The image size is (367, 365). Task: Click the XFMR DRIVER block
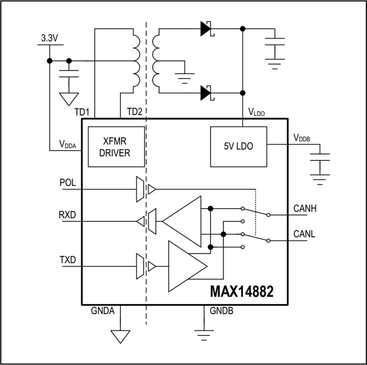click(116, 147)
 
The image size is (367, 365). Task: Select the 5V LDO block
click(238, 147)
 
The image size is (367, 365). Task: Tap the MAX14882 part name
click(242, 292)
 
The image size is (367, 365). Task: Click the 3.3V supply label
click(50, 38)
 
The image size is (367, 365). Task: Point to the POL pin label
click(68, 183)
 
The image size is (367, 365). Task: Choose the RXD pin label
click(68, 215)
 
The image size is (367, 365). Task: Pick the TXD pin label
click(68, 260)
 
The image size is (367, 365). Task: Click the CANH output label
click(305, 209)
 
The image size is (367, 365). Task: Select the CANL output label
click(304, 234)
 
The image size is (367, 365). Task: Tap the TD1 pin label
click(82, 112)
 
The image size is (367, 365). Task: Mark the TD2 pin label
click(134, 112)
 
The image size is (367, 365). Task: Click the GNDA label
click(103, 311)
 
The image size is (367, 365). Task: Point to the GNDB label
click(221, 311)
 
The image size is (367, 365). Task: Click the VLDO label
click(256, 112)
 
